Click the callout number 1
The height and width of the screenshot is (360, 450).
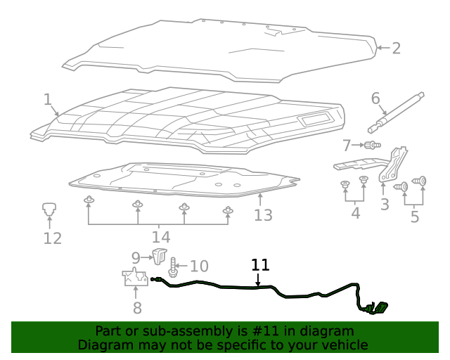(x=47, y=99)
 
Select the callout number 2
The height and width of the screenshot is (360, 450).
(x=396, y=48)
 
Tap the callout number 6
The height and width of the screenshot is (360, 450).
(x=375, y=98)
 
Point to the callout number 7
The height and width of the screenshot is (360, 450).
(x=347, y=146)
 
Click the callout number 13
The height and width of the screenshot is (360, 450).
(x=263, y=214)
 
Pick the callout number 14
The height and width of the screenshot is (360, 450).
(x=160, y=237)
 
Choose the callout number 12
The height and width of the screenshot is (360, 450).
(x=53, y=238)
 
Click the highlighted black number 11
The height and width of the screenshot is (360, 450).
(x=260, y=265)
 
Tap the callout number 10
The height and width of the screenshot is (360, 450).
(x=199, y=266)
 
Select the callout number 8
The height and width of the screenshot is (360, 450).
(x=137, y=307)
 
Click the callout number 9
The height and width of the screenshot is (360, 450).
(x=136, y=258)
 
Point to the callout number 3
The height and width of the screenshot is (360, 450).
(x=385, y=205)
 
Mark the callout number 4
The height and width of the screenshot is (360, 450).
(x=355, y=213)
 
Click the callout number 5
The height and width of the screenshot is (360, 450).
(x=414, y=217)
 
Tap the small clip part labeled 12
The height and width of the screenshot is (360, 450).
(x=49, y=208)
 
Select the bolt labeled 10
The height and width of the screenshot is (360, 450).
(x=172, y=266)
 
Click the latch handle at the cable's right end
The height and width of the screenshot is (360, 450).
(x=379, y=307)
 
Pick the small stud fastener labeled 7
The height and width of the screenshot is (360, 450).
(x=372, y=146)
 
